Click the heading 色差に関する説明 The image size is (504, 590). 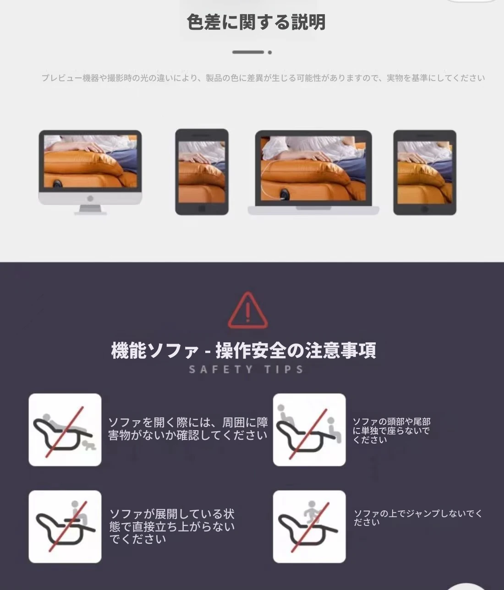(x=256, y=22)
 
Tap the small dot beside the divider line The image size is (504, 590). (x=270, y=52)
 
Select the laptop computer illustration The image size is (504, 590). (x=313, y=172)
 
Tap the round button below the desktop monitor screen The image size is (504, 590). (x=90, y=198)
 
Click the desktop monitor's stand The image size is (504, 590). (x=90, y=210)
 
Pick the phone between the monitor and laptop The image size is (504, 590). (x=202, y=172)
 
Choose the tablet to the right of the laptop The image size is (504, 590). (x=425, y=173)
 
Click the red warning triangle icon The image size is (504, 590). (x=248, y=310)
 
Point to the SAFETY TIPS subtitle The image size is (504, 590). (x=246, y=369)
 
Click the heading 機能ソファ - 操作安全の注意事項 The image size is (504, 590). (x=243, y=350)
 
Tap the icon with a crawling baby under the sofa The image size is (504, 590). (x=65, y=430)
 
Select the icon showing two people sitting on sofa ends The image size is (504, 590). (x=309, y=430)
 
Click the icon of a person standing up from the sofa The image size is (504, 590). (x=65, y=527)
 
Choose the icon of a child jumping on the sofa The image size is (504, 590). (x=309, y=527)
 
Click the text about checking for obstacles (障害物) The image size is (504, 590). (x=188, y=429)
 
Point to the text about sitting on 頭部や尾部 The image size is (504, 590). (x=391, y=430)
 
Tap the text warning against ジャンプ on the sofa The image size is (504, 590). (x=418, y=518)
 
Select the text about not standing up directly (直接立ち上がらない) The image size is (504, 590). (x=172, y=527)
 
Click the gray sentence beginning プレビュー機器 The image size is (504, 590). (x=263, y=78)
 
